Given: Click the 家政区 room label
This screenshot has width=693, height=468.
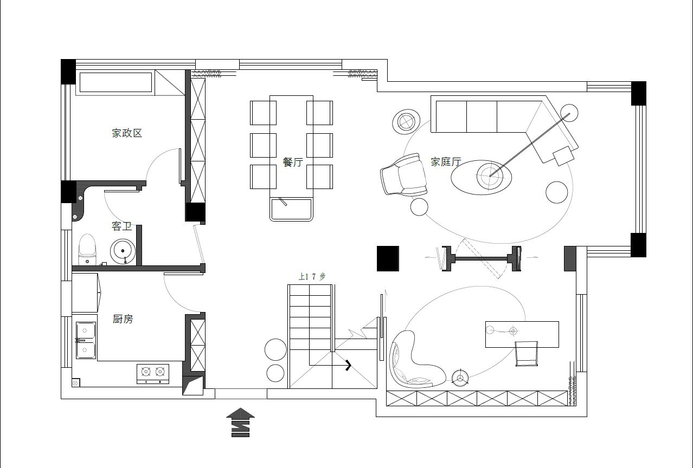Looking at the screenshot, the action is (x=127, y=133).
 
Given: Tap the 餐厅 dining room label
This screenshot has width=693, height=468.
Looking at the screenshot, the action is (x=293, y=162).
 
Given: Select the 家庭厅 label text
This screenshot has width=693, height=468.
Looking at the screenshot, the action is (x=446, y=161).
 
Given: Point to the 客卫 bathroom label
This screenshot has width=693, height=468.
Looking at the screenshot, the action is (x=121, y=226).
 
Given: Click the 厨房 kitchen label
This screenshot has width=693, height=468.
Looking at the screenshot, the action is (x=123, y=318).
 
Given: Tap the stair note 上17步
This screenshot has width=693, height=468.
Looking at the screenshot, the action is (x=312, y=276).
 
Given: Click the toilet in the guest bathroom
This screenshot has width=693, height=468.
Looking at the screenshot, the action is (x=87, y=250).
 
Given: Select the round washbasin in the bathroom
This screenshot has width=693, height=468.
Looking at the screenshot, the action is (x=123, y=251).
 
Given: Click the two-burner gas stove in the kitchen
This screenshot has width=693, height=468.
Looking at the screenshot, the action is (x=153, y=374).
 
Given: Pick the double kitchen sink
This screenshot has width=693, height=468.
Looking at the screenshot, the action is (x=86, y=340).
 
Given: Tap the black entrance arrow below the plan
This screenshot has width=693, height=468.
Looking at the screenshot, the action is (x=240, y=422).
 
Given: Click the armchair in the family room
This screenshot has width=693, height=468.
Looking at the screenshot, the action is (x=403, y=174).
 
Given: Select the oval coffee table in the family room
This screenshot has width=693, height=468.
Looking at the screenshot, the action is (x=481, y=177).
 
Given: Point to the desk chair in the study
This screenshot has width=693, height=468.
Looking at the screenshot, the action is (x=526, y=354).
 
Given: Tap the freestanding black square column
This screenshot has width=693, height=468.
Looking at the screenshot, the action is (x=388, y=258).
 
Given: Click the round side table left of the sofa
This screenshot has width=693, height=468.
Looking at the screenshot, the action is (x=406, y=121).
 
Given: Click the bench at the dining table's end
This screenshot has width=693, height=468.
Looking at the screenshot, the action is (x=291, y=209).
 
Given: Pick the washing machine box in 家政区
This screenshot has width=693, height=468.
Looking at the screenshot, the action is (x=116, y=82).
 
